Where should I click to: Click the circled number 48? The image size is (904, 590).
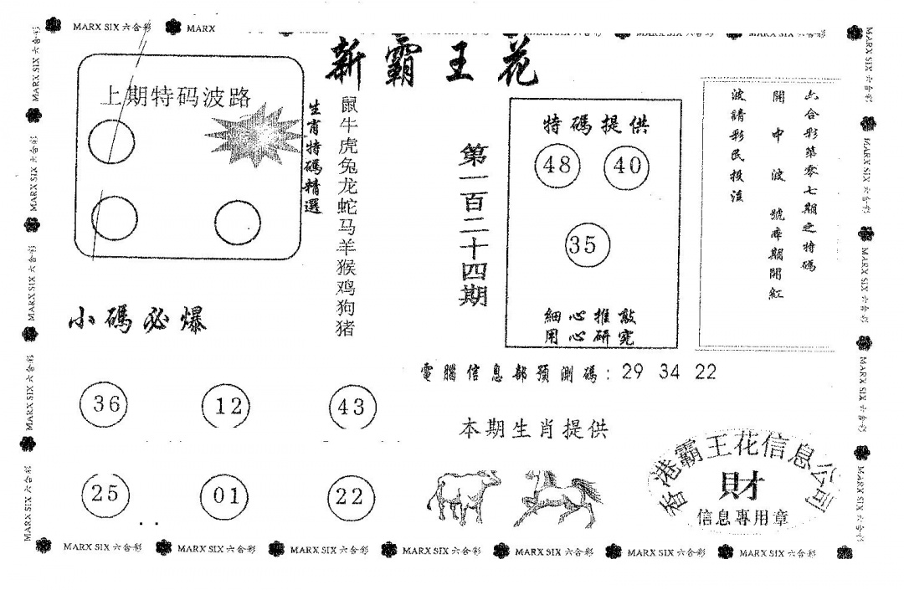(557, 165)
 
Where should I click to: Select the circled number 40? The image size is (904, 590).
(627, 165)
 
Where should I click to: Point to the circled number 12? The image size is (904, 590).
(227, 407)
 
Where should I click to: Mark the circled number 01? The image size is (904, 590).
(226, 495)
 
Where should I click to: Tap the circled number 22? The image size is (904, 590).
(350, 496)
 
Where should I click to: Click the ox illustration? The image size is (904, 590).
(462, 495)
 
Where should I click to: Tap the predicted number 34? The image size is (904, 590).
(670, 372)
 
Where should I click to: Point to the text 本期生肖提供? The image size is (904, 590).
(533, 430)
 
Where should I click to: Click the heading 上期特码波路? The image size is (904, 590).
(175, 97)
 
